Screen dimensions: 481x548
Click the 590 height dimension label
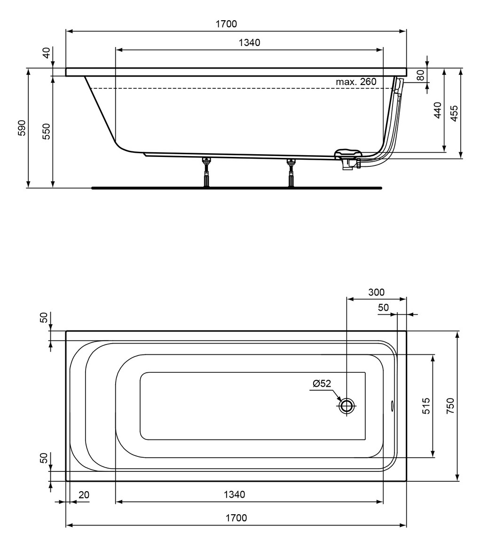click(x=22, y=128)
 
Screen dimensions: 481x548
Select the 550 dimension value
click(x=47, y=132)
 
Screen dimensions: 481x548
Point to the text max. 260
click(x=356, y=82)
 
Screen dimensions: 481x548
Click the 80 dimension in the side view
click(x=420, y=75)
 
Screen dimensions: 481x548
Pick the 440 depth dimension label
click(x=438, y=110)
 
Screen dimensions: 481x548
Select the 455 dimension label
click(x=454, y=113)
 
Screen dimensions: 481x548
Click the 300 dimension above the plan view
click(x=376, y=292)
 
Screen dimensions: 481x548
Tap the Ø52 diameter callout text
click(x=322, y=384)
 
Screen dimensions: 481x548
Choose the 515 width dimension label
click(x=426, y=406)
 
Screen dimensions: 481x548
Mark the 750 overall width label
click(x=450, y=406)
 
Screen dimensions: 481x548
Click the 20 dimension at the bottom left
click(x=84, y=495)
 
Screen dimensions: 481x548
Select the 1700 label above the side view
click(x=226, y=24)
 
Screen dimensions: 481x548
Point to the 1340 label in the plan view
click(x=234, y=494)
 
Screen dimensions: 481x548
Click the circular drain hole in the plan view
click(x=347, y=406)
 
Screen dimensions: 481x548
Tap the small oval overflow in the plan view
click(x=392, y=406)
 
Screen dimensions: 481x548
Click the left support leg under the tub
click(x=206, y=172)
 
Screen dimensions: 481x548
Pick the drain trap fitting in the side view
click(x=348, y=160)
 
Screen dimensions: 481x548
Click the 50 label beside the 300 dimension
click(x=383, y=307)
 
